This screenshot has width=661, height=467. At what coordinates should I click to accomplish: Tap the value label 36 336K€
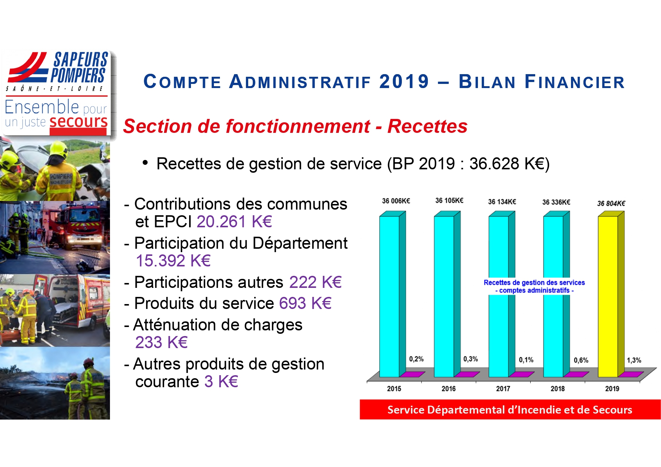[556, 202]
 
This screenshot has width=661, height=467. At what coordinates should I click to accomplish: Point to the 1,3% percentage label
[634, 360]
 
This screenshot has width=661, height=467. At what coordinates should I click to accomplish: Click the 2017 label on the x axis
[503, 388]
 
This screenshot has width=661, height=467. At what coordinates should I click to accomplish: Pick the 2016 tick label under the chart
[449, 388]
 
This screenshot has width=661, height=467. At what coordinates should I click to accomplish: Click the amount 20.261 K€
[234, 222]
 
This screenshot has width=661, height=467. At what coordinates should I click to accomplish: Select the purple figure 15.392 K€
[173, 261]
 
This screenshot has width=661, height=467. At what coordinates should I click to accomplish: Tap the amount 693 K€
[305, 303]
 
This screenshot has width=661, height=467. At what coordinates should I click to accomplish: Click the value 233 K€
[162, 342]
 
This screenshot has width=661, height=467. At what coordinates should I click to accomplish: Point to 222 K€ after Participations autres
[316, 282]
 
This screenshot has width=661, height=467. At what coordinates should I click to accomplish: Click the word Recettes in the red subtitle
[427, 126]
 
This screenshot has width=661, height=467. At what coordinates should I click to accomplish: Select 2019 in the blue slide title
[404, 82]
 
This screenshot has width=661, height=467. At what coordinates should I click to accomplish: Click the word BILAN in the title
[487, 82]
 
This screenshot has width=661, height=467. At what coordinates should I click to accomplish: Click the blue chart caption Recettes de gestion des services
[534, 283]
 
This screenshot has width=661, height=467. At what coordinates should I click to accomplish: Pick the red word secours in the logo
[78, 122]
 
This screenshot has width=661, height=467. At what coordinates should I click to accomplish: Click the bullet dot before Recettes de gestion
[145, 163]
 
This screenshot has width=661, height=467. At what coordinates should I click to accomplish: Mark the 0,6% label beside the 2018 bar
[581, 360]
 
